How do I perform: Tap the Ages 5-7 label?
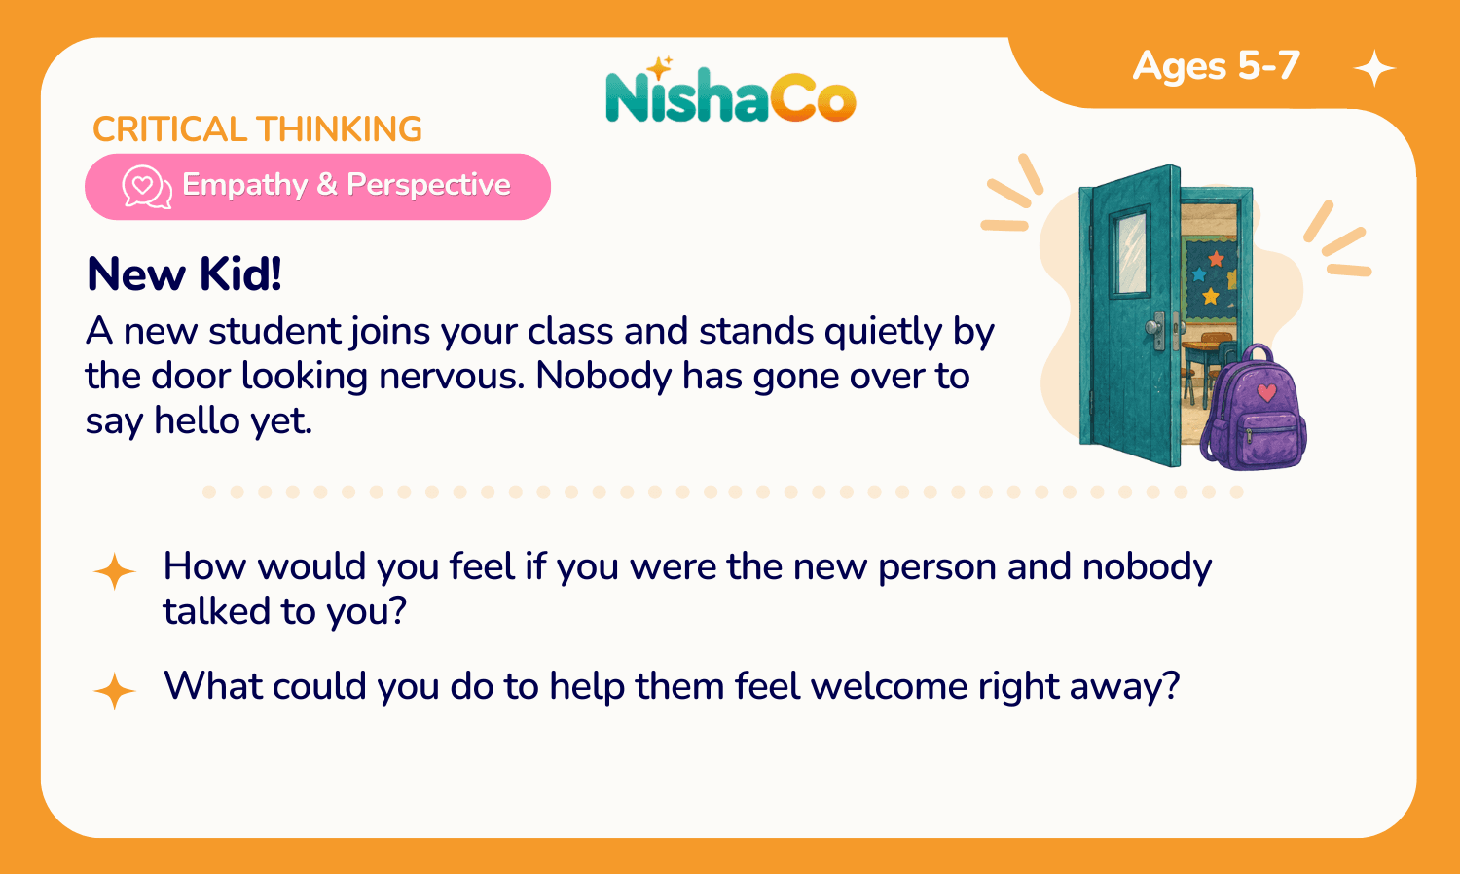coord(1217,66)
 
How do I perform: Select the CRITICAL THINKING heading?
coord(258,128)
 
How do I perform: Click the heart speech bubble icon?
coord(147,187)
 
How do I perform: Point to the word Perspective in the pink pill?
coord(428,185)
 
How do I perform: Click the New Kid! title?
coord(185,273)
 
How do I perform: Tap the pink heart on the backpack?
coord(1266,391)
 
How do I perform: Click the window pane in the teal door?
coord(1131,252)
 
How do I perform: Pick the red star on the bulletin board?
coord(1217,260)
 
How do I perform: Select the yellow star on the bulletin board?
coord(1211,296)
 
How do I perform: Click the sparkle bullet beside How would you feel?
coord(114,571)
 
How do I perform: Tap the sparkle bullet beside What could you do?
coord(114,691)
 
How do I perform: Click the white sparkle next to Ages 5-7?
coord(1374,68)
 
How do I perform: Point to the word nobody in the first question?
coord(1148,567)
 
